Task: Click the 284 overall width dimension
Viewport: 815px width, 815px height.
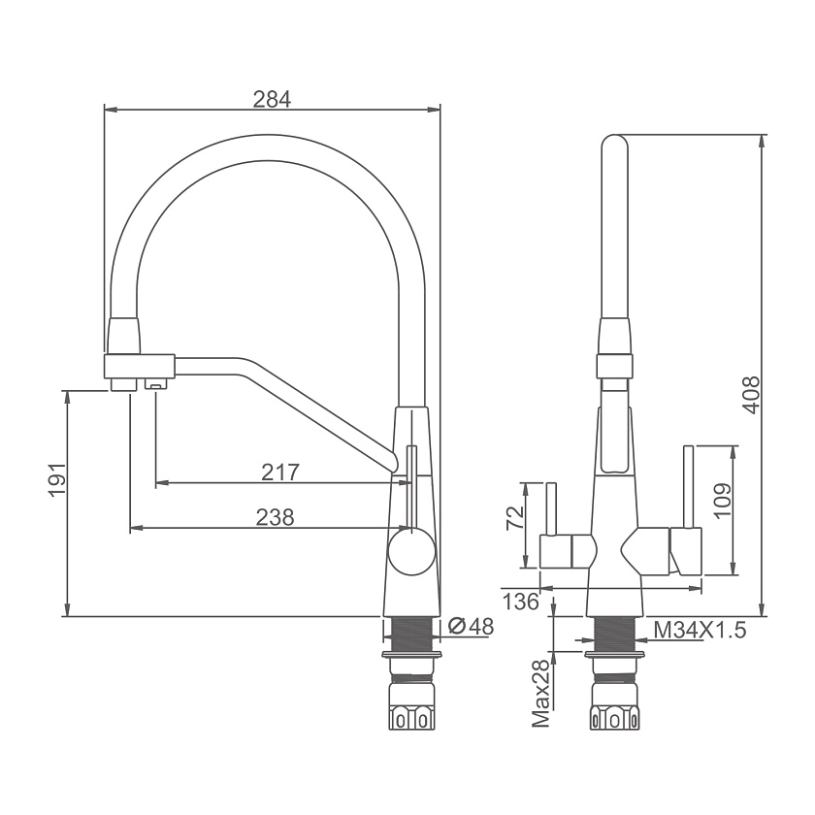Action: pyautogui.click(x=272, y=99)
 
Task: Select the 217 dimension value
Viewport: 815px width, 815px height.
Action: pyautogui.click(x=280, y=473)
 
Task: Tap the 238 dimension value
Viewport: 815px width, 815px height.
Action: pyautogui.click(x=276, y=517)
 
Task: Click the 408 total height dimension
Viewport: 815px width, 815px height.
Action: pyautogui.click(x=751, y=395)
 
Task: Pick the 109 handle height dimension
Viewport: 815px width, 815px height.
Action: pyautogui.click(x=723, y=501)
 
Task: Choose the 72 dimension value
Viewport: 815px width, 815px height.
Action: pyautogui.click(x=514, y=518)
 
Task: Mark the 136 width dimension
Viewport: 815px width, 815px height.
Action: pyautogui.click(x=521, y=602)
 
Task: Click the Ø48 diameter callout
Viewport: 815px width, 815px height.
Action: pyautogui.click(x=471, y=627)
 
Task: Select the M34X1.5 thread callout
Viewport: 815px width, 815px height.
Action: pyautogui.click(x=700, y=631)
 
